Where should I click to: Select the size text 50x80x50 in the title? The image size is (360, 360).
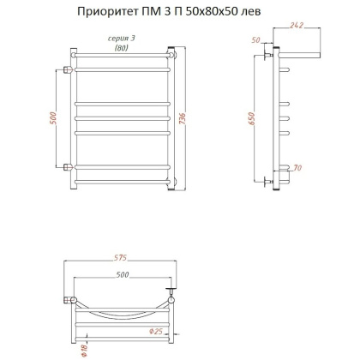click(x=214, y=11)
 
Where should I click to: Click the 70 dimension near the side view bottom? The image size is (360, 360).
click(x=297, y=169)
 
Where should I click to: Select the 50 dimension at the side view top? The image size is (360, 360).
click(x=256, y=40)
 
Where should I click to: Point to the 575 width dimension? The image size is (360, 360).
click(x=120, y=258)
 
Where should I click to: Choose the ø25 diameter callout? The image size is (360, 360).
click(x=179, y=331)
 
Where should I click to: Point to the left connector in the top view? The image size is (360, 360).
click(x=68, y=299)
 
